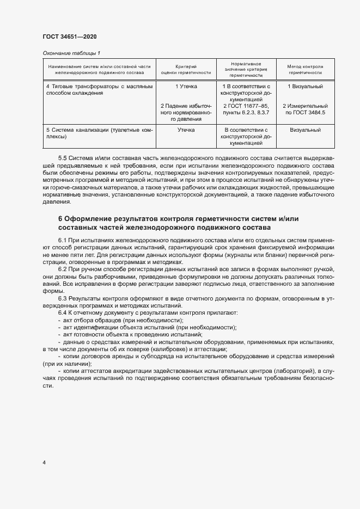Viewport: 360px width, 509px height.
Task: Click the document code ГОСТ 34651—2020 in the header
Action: pos(70,37)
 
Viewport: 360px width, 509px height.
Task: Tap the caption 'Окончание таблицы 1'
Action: pos(72,53)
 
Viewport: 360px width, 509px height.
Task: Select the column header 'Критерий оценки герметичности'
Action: pos(186,70)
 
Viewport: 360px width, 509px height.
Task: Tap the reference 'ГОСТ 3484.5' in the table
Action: pos(309,113)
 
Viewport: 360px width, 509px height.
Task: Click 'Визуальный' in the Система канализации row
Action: pos(305,130)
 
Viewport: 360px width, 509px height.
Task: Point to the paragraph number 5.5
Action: pos(62,157)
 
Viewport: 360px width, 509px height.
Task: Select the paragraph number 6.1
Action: pos(62,240)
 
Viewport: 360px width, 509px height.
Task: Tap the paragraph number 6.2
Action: pos(62,269)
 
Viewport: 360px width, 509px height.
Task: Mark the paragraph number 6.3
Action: pos(62,298)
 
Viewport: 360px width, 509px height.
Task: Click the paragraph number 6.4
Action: pos(62,313)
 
